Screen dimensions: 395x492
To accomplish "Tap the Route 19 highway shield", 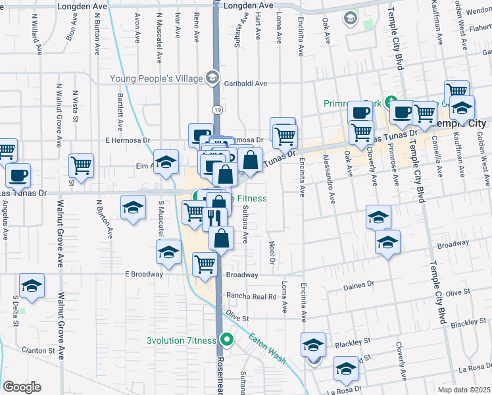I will tap(216, 107).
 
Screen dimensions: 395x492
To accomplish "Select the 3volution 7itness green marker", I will tap(227, 340).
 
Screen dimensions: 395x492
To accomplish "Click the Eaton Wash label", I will tap(266, 349).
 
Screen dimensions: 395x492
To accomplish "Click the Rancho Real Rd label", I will tap(251, 297).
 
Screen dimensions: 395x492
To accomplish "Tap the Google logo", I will tap(22, 387).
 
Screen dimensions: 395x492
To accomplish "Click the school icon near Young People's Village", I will tap(212, 78).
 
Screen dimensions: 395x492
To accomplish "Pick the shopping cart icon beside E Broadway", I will tap(205, 263).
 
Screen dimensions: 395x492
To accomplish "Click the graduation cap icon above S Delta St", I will tap(32, 286).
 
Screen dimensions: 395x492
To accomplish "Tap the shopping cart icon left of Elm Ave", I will tap(81, 164).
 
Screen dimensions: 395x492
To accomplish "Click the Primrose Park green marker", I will tap(391, 102).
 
